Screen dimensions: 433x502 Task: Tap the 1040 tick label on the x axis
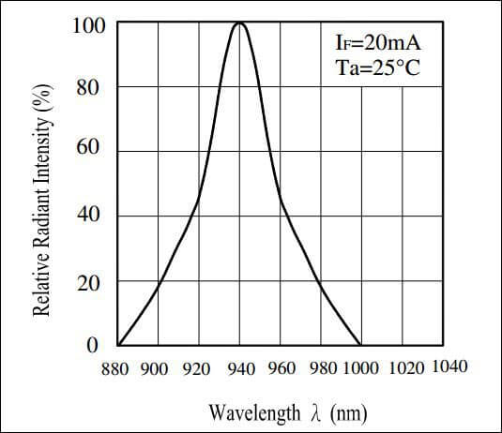[x=448, y=366]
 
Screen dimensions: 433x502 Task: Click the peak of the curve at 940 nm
[x=239, y=23]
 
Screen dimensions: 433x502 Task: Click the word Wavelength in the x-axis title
[x=247, y=411]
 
